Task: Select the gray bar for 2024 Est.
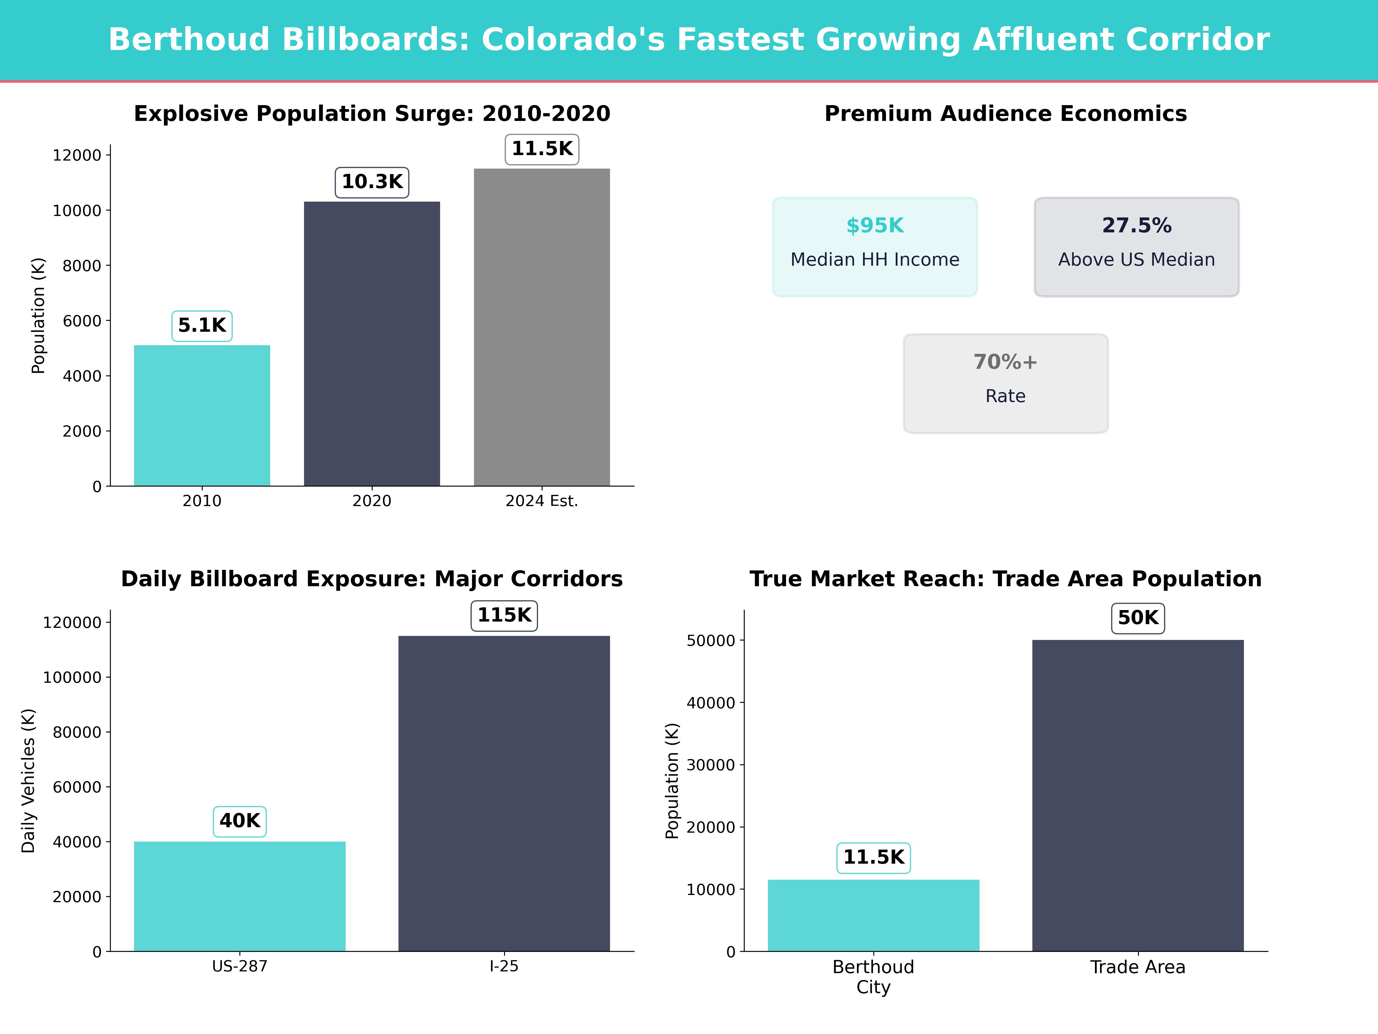(x=541, y=327)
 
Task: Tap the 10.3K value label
(x=372, y=182)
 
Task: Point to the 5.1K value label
(x=202, y=325)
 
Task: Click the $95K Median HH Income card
(x=875, y=247)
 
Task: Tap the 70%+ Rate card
(x=1005, y=383)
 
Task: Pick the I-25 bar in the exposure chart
(x=504, y=793)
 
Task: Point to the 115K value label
(x=504, y=615)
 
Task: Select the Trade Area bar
(x=1137, y=795)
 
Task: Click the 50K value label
(x=1137, y=618)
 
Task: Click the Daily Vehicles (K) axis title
(x=28, y=780)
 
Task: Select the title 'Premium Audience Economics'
(x=1005, y=114)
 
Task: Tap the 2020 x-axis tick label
(x=372, y=501)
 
